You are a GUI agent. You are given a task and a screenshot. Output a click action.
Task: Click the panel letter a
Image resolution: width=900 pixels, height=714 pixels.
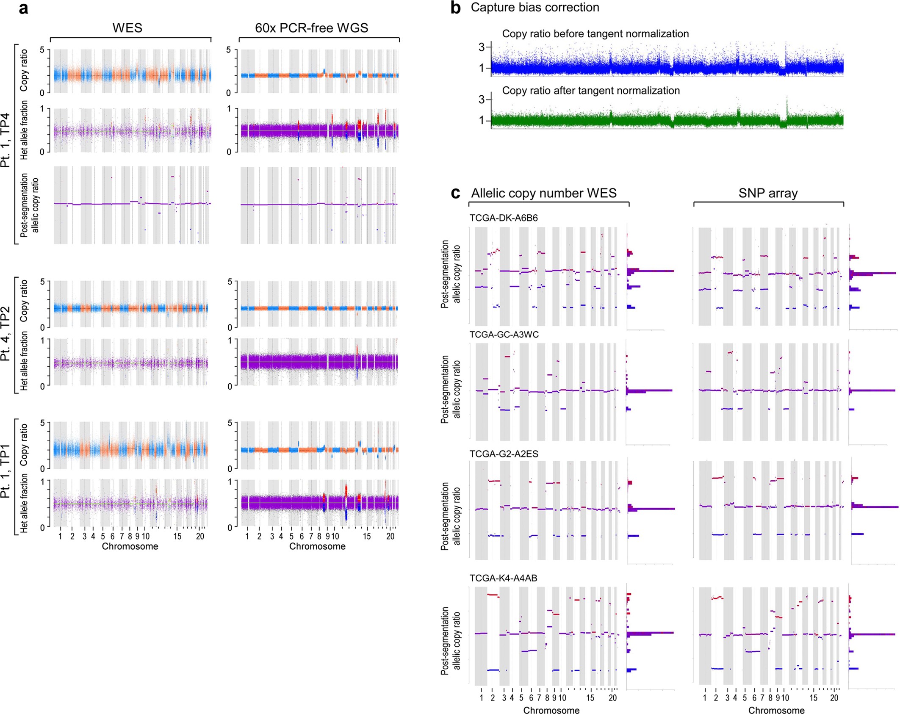[x=24, y=8]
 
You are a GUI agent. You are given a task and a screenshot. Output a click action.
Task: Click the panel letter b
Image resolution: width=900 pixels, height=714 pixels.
[x=456, y=8]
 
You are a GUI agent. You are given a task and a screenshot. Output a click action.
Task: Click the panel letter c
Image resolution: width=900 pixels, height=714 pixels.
[x=456, y=193]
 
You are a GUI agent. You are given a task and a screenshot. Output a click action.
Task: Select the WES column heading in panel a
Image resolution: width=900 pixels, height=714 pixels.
[x=127, y=28]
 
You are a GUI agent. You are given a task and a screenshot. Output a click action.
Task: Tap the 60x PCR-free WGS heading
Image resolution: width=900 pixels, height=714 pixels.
[x=311, y=28]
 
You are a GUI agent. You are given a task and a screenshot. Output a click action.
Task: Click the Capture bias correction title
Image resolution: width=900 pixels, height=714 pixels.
[x=535, y=7]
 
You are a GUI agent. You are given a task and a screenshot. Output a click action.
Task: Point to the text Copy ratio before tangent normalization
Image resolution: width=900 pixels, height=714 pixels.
[x=595, y=34]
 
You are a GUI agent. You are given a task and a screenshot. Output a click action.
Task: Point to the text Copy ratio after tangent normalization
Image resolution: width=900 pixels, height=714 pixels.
[x=591, y=91]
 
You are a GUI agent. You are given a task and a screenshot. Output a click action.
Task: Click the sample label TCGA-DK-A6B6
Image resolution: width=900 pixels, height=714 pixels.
[x=504, y=218]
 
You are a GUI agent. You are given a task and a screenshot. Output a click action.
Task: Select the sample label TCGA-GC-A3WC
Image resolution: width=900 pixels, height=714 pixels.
[x=504, y=335]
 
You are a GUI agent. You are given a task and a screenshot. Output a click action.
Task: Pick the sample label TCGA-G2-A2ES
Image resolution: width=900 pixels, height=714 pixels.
[x=504, y=454]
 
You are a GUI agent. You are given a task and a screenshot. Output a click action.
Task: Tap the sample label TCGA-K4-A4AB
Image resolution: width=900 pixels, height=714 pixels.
[x=503, y=578]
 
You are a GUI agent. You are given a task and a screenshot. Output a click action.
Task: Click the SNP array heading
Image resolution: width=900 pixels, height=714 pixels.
[x=768, y=194]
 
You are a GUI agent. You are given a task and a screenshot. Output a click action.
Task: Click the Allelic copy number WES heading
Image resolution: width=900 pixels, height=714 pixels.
[x=544, y=194]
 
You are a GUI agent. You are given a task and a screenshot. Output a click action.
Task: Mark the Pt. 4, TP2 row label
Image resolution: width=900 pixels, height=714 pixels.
[x=6, y=335]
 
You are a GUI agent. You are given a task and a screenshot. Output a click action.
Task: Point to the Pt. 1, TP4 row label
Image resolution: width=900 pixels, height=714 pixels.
[x=6, y=140]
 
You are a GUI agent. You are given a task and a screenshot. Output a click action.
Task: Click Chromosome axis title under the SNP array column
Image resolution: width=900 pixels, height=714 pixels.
[x=776, y=710]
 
